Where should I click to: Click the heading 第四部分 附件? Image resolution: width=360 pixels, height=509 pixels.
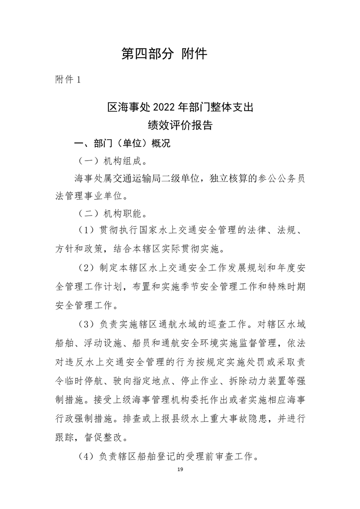[x=164, y=54]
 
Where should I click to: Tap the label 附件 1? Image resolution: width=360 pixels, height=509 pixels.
[x=67, y=79]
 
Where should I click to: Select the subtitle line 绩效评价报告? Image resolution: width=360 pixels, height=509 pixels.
[x=180, y=125]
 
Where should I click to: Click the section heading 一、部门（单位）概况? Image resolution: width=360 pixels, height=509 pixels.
[x=122, y=144]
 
